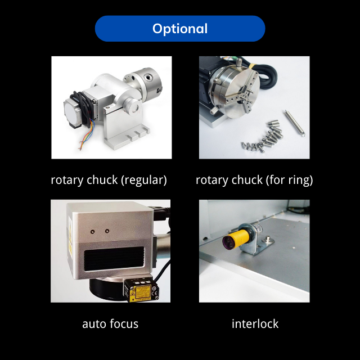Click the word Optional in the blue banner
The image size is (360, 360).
[180, 29]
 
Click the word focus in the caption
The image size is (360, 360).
[124, 324]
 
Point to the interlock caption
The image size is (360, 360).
[255, 324]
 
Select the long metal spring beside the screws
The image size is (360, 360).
[295, 123]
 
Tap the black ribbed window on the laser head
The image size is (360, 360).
[114, 258]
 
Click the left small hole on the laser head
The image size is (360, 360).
[92, 232]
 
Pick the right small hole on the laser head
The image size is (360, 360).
[107, 231]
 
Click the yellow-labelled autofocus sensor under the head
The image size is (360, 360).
[141, 290]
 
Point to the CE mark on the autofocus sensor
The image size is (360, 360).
[155, 294]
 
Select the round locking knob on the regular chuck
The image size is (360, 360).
[132, 106]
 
